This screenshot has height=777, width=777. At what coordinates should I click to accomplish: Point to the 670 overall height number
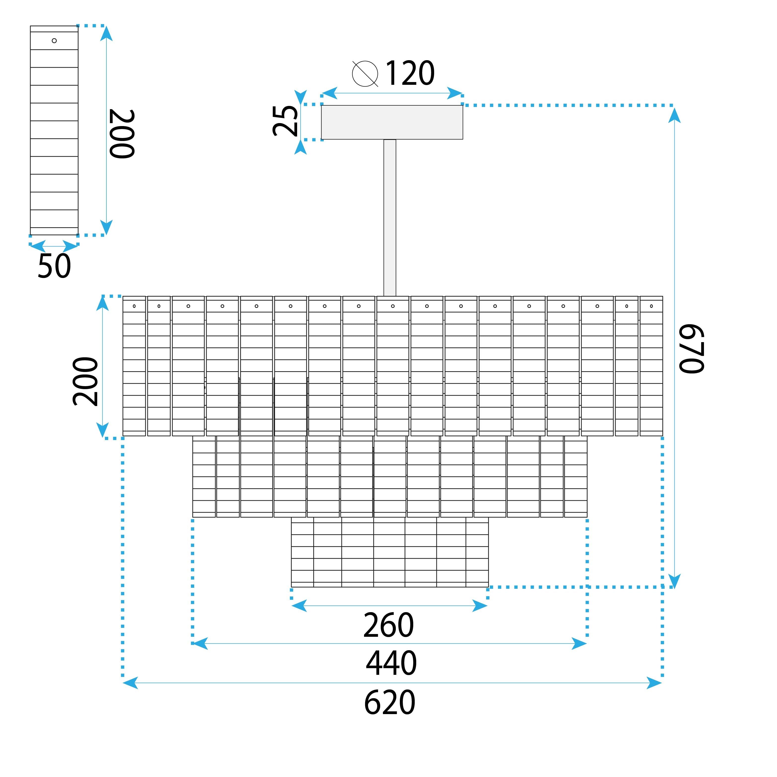(691, 348)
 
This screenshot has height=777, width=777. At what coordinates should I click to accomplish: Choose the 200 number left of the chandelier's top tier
(85, 381)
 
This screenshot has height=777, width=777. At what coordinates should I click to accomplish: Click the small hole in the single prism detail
(54, 41)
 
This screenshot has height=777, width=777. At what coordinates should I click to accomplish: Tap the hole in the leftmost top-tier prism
(134, 306)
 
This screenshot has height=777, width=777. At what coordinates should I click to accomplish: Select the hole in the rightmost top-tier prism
(651, 306)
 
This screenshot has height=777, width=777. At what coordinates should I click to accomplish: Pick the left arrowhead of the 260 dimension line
(298, 606)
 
